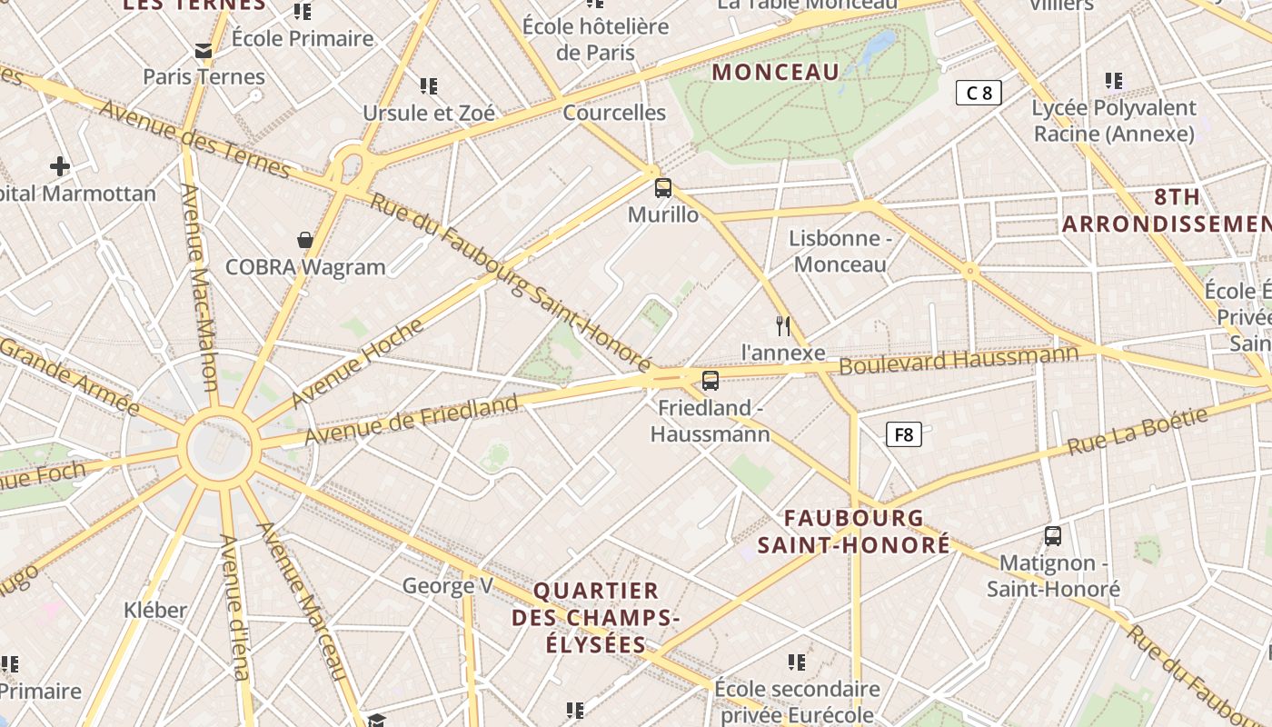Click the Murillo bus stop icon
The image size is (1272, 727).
point(663,188)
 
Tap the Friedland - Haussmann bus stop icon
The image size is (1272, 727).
point(711,380)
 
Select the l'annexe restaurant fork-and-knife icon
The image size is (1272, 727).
point(783,325)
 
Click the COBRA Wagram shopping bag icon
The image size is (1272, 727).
point(305,240)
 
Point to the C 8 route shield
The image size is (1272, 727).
point(979,92)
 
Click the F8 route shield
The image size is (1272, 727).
point(903,434)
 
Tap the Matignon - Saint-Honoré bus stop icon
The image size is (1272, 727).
point(1053,536)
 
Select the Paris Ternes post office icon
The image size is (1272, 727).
point(204,51)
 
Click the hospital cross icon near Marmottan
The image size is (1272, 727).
point(60,166)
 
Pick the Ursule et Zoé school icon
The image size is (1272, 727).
point(429,86)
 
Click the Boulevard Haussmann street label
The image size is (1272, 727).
point(959,360)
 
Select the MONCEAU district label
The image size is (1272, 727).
point(776,73)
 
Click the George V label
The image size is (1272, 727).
point(447,585)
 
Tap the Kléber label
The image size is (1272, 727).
point(155,609)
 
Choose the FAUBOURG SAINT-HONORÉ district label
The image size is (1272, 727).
point(854,532)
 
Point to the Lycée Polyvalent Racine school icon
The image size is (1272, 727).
point(1114,81)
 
